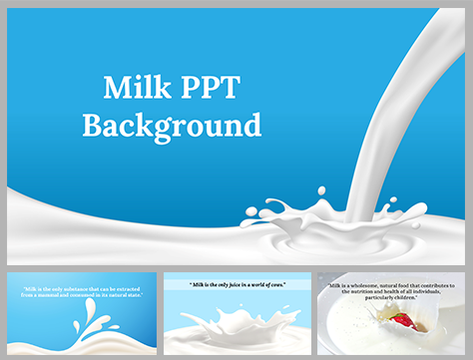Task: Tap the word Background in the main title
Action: tap(172, 126)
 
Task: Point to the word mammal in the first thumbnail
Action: tap(61, 295)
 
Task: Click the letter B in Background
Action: tap(92, 126)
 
